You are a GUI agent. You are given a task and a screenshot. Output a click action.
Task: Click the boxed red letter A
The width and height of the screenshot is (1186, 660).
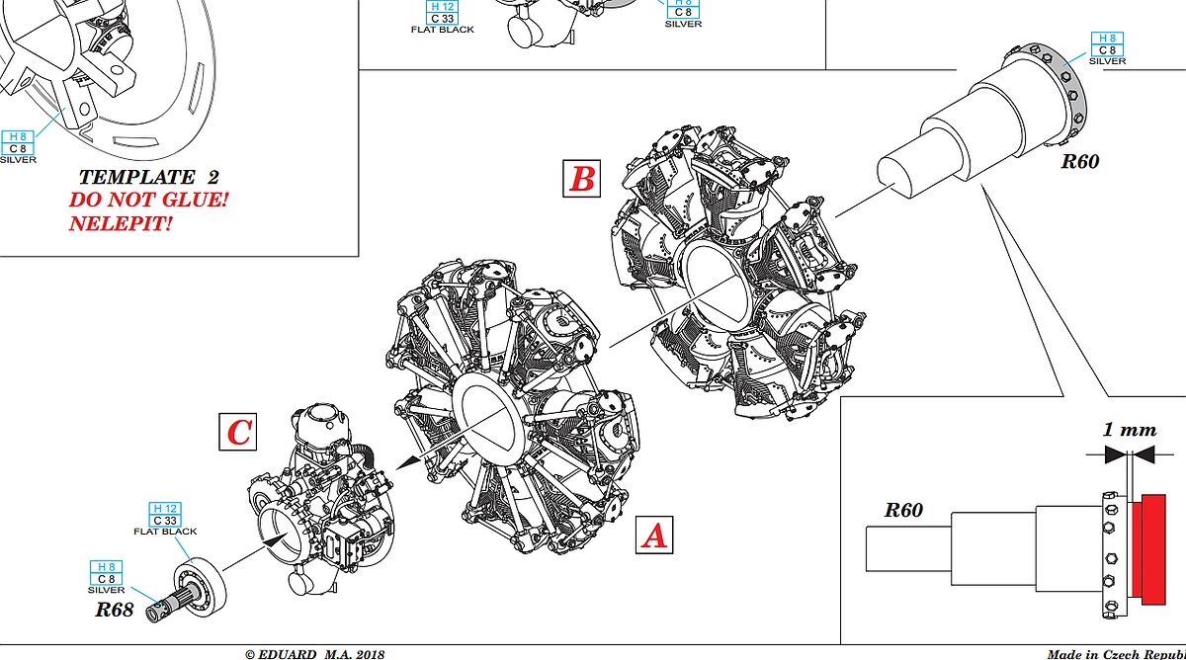(654, 536)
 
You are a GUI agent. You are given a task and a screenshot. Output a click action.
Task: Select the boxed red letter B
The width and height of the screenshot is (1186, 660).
(582, 179)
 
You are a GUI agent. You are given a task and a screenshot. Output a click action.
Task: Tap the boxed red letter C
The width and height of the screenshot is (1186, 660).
(238, 432)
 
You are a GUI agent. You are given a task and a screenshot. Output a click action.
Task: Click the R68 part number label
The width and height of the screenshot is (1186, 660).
(115, 610)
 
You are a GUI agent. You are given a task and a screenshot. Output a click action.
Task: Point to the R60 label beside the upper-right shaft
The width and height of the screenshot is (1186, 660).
(1080, 161)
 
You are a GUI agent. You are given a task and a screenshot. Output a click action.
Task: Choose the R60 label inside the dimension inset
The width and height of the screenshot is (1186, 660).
(903, 510)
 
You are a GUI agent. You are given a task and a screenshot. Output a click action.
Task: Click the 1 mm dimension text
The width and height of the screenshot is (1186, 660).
(1130, 429)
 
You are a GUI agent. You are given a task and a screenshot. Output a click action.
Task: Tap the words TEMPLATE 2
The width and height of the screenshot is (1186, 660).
(149, 177)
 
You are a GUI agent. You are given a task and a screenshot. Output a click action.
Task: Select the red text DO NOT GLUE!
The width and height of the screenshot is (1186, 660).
(149, 200)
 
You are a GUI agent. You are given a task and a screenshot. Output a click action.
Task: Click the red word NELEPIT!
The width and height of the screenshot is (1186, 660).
(122, 223)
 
